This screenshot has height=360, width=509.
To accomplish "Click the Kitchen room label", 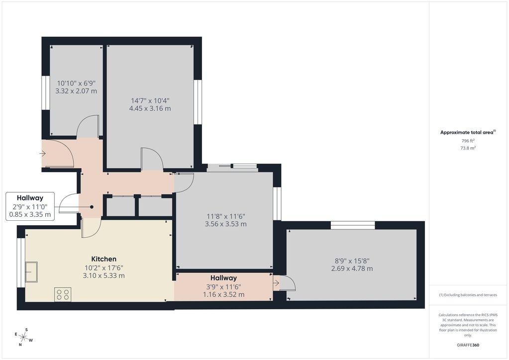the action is point(103,259).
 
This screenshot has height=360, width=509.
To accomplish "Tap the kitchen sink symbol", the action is point(31,271).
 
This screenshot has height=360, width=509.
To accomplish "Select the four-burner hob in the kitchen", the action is point(63,294).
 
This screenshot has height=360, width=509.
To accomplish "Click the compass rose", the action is point(23,337).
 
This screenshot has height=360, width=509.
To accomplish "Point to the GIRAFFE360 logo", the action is point(468,345).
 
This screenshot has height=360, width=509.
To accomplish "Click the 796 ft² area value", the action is point(468,141).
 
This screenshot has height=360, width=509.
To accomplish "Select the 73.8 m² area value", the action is point(468,148).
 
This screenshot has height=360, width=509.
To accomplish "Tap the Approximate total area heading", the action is point(468,132).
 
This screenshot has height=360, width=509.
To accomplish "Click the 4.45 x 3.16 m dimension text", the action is point(150,108).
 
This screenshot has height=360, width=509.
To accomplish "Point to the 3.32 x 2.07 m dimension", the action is point(76,91).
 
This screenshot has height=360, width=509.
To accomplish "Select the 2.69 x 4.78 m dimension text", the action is point(352,269).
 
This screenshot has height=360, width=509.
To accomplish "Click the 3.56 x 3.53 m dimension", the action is point(225,224).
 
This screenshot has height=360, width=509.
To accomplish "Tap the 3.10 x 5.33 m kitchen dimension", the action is point(103,275).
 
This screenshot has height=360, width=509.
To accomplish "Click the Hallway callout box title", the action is point(30,198).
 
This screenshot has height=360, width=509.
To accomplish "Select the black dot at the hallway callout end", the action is point(92,207).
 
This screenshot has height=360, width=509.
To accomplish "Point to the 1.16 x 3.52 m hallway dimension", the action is point(224,294).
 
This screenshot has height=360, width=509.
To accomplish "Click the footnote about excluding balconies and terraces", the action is point(468,295).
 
